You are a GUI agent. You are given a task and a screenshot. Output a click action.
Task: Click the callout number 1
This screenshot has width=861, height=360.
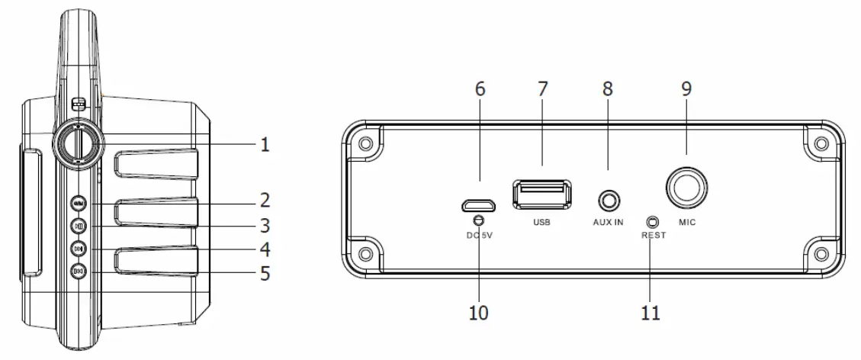point(264,144)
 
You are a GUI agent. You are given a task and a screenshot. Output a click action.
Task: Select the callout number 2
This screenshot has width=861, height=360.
point(264,201)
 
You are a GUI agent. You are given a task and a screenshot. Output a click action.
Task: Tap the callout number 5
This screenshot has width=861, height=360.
point(264,272)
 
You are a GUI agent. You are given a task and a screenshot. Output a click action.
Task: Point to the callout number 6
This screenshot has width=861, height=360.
point(480,89)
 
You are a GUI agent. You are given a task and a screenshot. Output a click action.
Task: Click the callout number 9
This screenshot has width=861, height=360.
point(686,89)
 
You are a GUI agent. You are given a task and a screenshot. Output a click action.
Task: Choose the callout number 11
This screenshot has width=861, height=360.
point(651,312)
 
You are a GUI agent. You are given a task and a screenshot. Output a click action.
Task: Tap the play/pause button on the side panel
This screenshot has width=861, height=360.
point(79,226)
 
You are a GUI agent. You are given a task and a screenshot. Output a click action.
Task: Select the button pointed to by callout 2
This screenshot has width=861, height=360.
point(79,204)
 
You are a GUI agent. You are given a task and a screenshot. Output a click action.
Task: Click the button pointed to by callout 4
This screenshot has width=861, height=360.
point(79,249)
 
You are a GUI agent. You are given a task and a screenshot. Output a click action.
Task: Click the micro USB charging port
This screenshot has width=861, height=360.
point(478,205)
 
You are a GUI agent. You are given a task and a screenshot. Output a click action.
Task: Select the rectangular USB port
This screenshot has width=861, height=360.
point(542,194)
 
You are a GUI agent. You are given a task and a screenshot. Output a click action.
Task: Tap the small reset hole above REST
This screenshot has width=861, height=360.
point(651,222)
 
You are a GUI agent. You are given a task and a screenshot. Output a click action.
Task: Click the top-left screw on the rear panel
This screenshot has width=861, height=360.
point(366,144)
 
